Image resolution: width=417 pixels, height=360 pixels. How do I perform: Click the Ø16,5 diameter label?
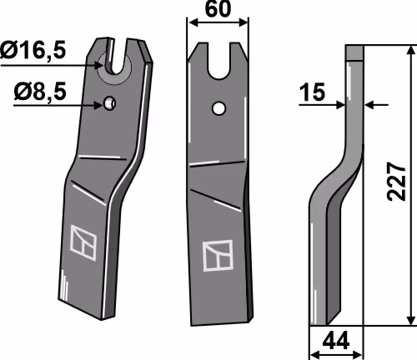click(x=33, y=50)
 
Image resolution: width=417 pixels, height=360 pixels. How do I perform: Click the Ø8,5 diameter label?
click(x=40, y=92)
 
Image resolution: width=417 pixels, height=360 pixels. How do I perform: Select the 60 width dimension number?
click(x=218, y=9)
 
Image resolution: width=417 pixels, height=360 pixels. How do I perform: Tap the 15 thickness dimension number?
click(x=313, y=92)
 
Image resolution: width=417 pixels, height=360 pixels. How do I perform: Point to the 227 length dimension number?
click(x=396, y=182)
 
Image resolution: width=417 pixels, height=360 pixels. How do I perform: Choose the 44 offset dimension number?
click(x=336, y=342)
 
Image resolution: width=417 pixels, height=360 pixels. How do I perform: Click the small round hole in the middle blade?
click(x=219, y=108)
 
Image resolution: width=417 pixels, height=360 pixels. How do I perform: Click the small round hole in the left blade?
click(x=110, y=103)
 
